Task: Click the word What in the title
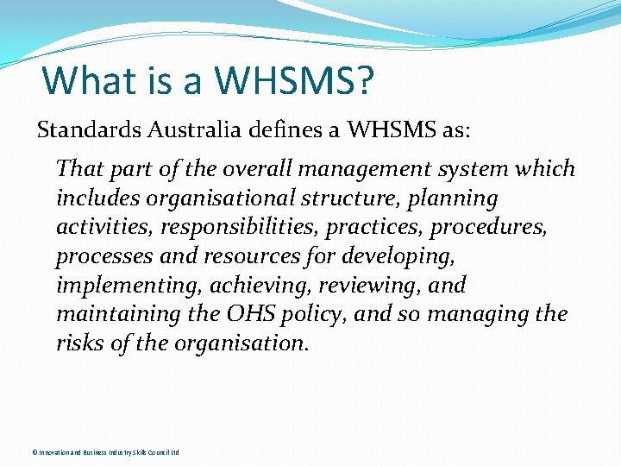85,80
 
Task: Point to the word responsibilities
213,228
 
